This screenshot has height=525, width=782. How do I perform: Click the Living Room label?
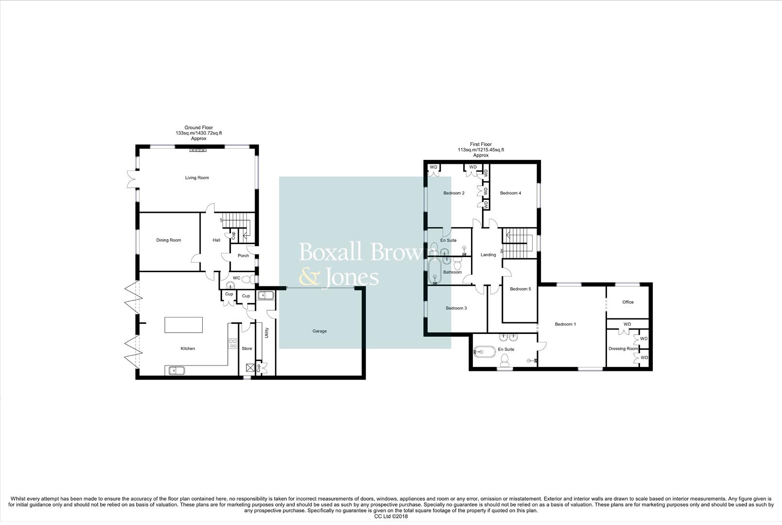click(x=197, y=178)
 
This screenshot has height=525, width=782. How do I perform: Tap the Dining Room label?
click(x=169, y=240)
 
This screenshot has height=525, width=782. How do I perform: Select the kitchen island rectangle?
click(x=184, y=325)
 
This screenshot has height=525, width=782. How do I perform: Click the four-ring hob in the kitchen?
click(x=233, y=344)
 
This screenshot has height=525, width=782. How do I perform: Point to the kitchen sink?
click(x=174, y=370)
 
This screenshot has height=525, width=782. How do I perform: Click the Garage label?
click(x=319, y=331)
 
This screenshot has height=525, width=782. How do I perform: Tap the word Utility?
click(x=267, y=332)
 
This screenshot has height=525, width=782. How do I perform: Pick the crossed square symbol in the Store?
click(x=250, y=367)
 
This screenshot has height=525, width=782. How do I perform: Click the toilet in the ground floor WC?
click(x=248, y=280)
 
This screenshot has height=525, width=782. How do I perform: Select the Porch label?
click(x=243, y=256)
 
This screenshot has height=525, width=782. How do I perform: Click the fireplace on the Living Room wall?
click(x=198, y=150)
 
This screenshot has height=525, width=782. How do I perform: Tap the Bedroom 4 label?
click(x=510, y=193)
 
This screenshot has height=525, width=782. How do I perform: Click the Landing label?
click(x=488, y=255)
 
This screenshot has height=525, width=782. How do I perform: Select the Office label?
click(x=628, y=302)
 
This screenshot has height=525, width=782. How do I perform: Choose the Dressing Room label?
click(x=623, y=349)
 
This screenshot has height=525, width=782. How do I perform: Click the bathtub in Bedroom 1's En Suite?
click(x=484, y=352)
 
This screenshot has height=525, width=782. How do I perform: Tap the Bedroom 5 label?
click(x=520, y=289)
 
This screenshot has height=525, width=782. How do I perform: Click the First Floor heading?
click(x=481, y=144)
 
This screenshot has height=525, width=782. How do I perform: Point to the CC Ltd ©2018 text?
click(x=391, y=516)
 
